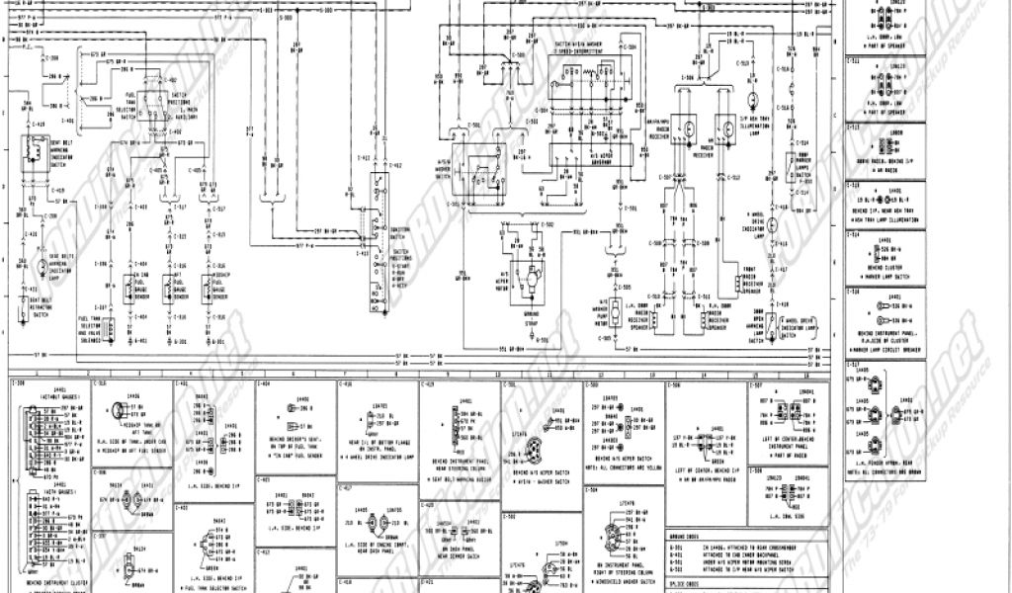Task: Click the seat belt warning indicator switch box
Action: (x=36, y=150)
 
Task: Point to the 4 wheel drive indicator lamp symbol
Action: (x=773, y=225)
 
